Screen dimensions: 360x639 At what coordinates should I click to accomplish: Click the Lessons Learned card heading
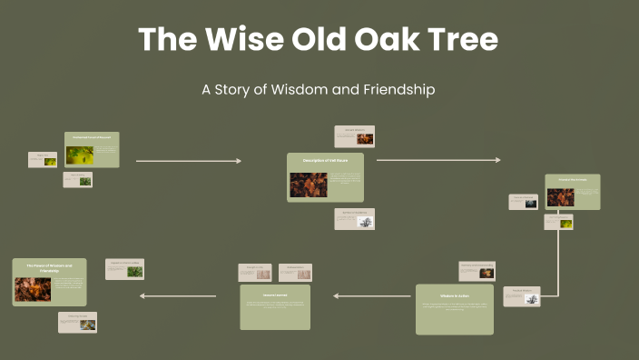[x=275, y=295]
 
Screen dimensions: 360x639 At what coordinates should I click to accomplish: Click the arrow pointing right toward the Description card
[x=188, y=161]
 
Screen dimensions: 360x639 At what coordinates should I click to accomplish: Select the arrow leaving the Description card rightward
[x=437, y=160]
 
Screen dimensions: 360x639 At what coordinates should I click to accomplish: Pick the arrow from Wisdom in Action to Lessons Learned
[x=372, y=295]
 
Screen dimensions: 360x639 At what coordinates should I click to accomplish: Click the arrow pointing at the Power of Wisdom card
[x=178, y=295]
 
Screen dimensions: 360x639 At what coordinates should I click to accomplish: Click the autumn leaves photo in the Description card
[x=309, y=184]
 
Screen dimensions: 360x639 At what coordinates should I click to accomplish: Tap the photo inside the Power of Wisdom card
[x=33, y=289]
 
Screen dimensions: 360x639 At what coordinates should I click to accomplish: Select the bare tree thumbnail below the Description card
[x=365, y=222]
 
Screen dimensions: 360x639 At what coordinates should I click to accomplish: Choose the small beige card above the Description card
[x=354, y=136]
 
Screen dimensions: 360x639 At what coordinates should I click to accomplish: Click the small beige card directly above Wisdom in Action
[x=476, y=271]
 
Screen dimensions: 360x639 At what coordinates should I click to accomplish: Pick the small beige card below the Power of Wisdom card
[x=77, y=323]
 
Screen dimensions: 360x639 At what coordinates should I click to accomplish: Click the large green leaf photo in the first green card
[x=79, y=155]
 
